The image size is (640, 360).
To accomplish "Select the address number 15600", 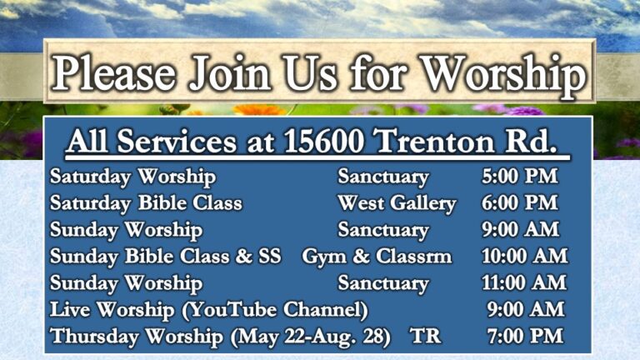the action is coord(323,141).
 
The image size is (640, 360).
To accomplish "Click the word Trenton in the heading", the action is coord(434,141).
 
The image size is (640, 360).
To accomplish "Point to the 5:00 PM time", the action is coord(520,177).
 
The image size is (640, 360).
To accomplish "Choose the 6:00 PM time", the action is coord(520,202).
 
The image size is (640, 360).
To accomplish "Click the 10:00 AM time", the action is coord(525,256).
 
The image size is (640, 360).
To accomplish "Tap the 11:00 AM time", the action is coord(524,282).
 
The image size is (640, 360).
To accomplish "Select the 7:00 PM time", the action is coord(525,336).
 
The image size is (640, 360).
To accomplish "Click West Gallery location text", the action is coord(397,203).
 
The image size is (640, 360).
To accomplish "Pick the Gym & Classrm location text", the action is coord(377,257).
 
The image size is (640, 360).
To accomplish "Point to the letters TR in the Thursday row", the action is coord(426,336).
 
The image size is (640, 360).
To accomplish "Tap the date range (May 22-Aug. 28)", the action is coord(310,337).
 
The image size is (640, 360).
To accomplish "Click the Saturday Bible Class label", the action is coord(146,203).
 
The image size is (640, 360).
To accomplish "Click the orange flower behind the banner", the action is coord(260,109).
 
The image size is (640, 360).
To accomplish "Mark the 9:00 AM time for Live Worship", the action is coord(526,309).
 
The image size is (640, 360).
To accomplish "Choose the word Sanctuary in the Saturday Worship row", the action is coord(383,177).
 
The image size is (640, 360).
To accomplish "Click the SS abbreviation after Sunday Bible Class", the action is coord(270,256).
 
